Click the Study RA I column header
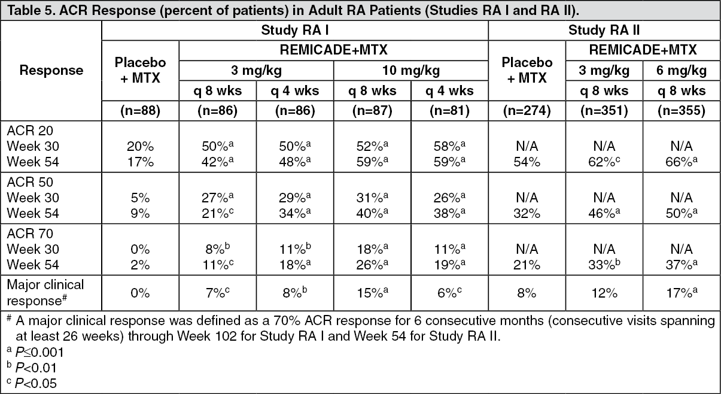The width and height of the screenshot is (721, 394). [x=295, y=31]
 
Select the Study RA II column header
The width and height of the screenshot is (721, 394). [x=603, y=31]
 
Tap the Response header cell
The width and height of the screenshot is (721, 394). [x=51, y=70]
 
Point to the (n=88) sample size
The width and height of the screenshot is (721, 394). [x=140, y=111]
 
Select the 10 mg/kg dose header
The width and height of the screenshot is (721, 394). [x=411, y=71]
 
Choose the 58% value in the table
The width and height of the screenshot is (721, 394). [x=449, y=145]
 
